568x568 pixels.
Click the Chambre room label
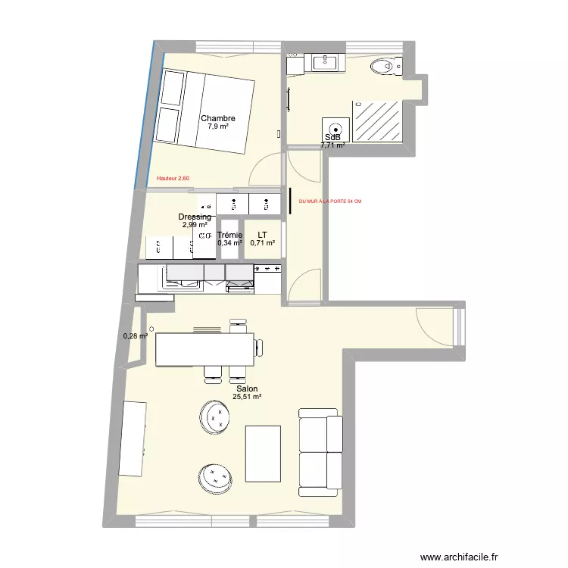(x=217, y=118)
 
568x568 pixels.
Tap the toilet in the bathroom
(x=384, y=68)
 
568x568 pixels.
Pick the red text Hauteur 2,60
(x=173, y=179)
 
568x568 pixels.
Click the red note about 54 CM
(x=330, y=201)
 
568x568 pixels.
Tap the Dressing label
(x=195, y=217)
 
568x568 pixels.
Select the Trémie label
(x=229, y=235)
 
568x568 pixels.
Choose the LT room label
(x=262, y=235)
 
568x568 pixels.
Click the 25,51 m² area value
(x=246, y=397)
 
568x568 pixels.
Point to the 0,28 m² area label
(x=136, y=337)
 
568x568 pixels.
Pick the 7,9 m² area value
(x=217, y=127)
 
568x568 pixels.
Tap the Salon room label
(x=246, y=389)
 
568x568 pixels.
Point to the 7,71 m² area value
(x=332, y=145)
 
